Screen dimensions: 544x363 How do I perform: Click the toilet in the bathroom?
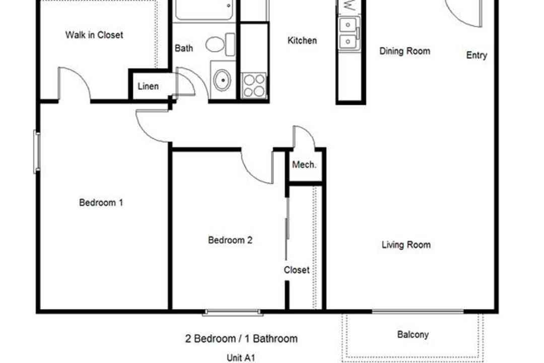[x=220, y=44]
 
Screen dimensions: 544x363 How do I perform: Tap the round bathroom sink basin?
[x=223, y=80]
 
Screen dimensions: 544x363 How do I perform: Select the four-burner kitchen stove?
[x=254, y=85]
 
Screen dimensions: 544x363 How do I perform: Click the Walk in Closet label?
[x=94, y=35]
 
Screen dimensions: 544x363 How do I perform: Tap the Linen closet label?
[x=148, y=86]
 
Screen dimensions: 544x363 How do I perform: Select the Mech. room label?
[x=304, y=164]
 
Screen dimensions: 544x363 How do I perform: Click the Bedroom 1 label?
[x=101, y=202]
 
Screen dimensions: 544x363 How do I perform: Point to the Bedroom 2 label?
[x=230, y=239]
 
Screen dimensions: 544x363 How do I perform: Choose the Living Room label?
[x=406, y=245]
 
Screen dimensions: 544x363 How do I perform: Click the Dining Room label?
[x=404, y=51]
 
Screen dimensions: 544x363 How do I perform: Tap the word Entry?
[x=477, y=55]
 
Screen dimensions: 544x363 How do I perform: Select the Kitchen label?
[x=302, y=40]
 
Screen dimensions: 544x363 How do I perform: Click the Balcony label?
[x=413, y=335]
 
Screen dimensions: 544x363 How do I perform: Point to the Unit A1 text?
[x=241, y=357]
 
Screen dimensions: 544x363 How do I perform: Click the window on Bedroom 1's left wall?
[x=37, y=151]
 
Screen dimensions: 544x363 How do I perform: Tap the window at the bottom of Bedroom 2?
[x=232, y=313]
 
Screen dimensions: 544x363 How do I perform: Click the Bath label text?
[x=183, y=48]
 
